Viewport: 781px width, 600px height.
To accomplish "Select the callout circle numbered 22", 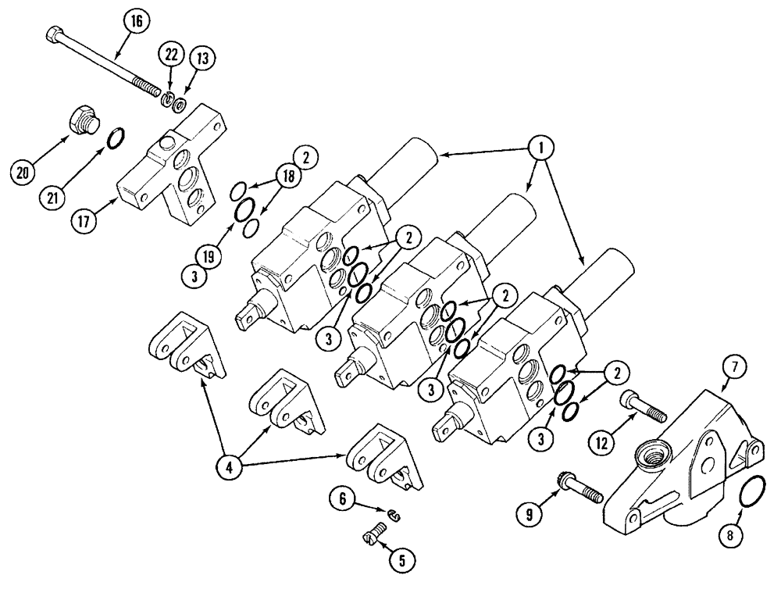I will pyautogui.click(x=171, y=55).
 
